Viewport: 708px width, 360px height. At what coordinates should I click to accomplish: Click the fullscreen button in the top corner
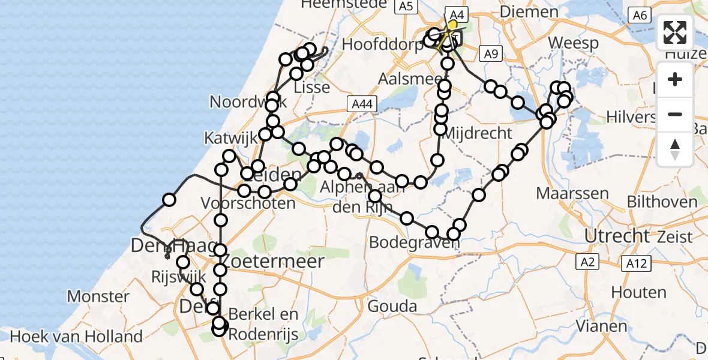tap(675, 32)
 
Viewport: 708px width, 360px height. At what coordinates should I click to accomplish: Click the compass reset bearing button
tap(675, 149)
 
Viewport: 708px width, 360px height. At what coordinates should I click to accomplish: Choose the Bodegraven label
tap(410, 242)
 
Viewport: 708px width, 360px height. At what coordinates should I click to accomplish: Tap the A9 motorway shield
tap(491, 55)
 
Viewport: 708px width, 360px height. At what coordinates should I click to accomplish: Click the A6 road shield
tap(639, 15)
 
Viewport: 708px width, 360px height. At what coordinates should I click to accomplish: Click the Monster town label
tap(98, 296)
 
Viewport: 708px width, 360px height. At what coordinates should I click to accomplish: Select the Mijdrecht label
tap(477, 133)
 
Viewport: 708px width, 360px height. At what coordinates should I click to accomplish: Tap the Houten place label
tap(638, 292)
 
